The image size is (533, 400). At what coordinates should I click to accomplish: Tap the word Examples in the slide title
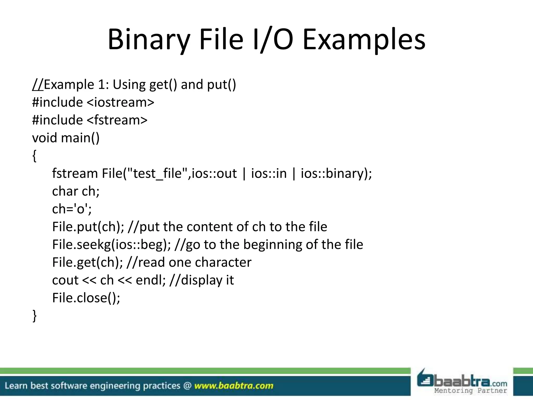click(x=364, y=40)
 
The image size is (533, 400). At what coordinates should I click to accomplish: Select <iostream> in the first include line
click(x=120, y=102)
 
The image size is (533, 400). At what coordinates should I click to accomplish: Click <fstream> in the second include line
click(x=117, y=120)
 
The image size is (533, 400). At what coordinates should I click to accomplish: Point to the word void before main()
click(x=44, y=138)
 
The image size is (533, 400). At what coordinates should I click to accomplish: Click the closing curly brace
click(x=34, y=316)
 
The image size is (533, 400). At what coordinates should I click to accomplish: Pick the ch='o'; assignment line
click(x=72, y=209)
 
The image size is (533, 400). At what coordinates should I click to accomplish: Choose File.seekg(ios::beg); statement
click(x=111, y=245)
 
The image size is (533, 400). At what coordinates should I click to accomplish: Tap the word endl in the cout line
click(x=150, y=280)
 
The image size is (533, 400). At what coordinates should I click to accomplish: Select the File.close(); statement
click(x=86, y=298)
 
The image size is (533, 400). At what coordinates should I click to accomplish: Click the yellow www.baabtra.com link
click(x=234, y=386)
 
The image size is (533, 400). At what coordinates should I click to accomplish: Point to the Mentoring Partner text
click(x=471, y=391)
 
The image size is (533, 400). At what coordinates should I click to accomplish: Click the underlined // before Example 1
click(x=38, y=85)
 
